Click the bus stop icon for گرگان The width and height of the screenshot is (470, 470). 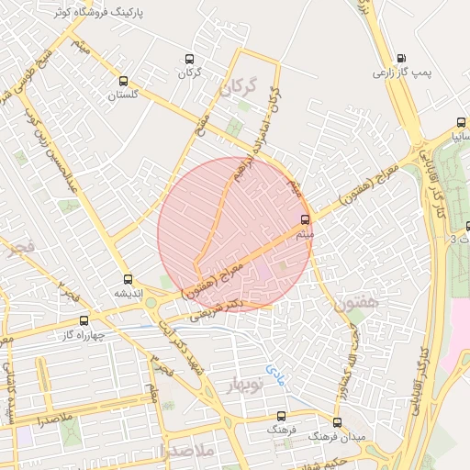(189, 58)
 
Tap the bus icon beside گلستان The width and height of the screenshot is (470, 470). (123, 81)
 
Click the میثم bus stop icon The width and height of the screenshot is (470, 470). (306, 219)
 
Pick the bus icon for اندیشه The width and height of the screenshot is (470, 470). (127, 279)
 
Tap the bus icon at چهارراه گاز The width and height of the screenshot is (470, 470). (84, 320)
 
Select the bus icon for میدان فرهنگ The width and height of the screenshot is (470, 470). (338, 422)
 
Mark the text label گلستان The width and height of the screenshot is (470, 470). (129, 95)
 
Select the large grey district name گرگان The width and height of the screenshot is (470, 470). (237, 88)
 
